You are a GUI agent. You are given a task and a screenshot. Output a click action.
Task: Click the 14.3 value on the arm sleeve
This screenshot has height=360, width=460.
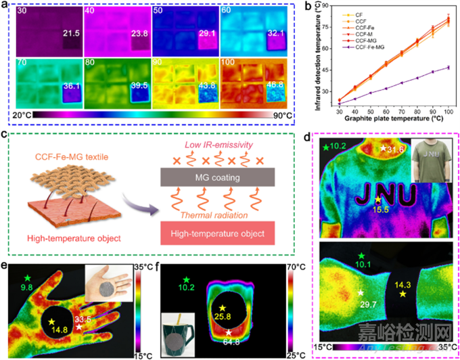(406, 284)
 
